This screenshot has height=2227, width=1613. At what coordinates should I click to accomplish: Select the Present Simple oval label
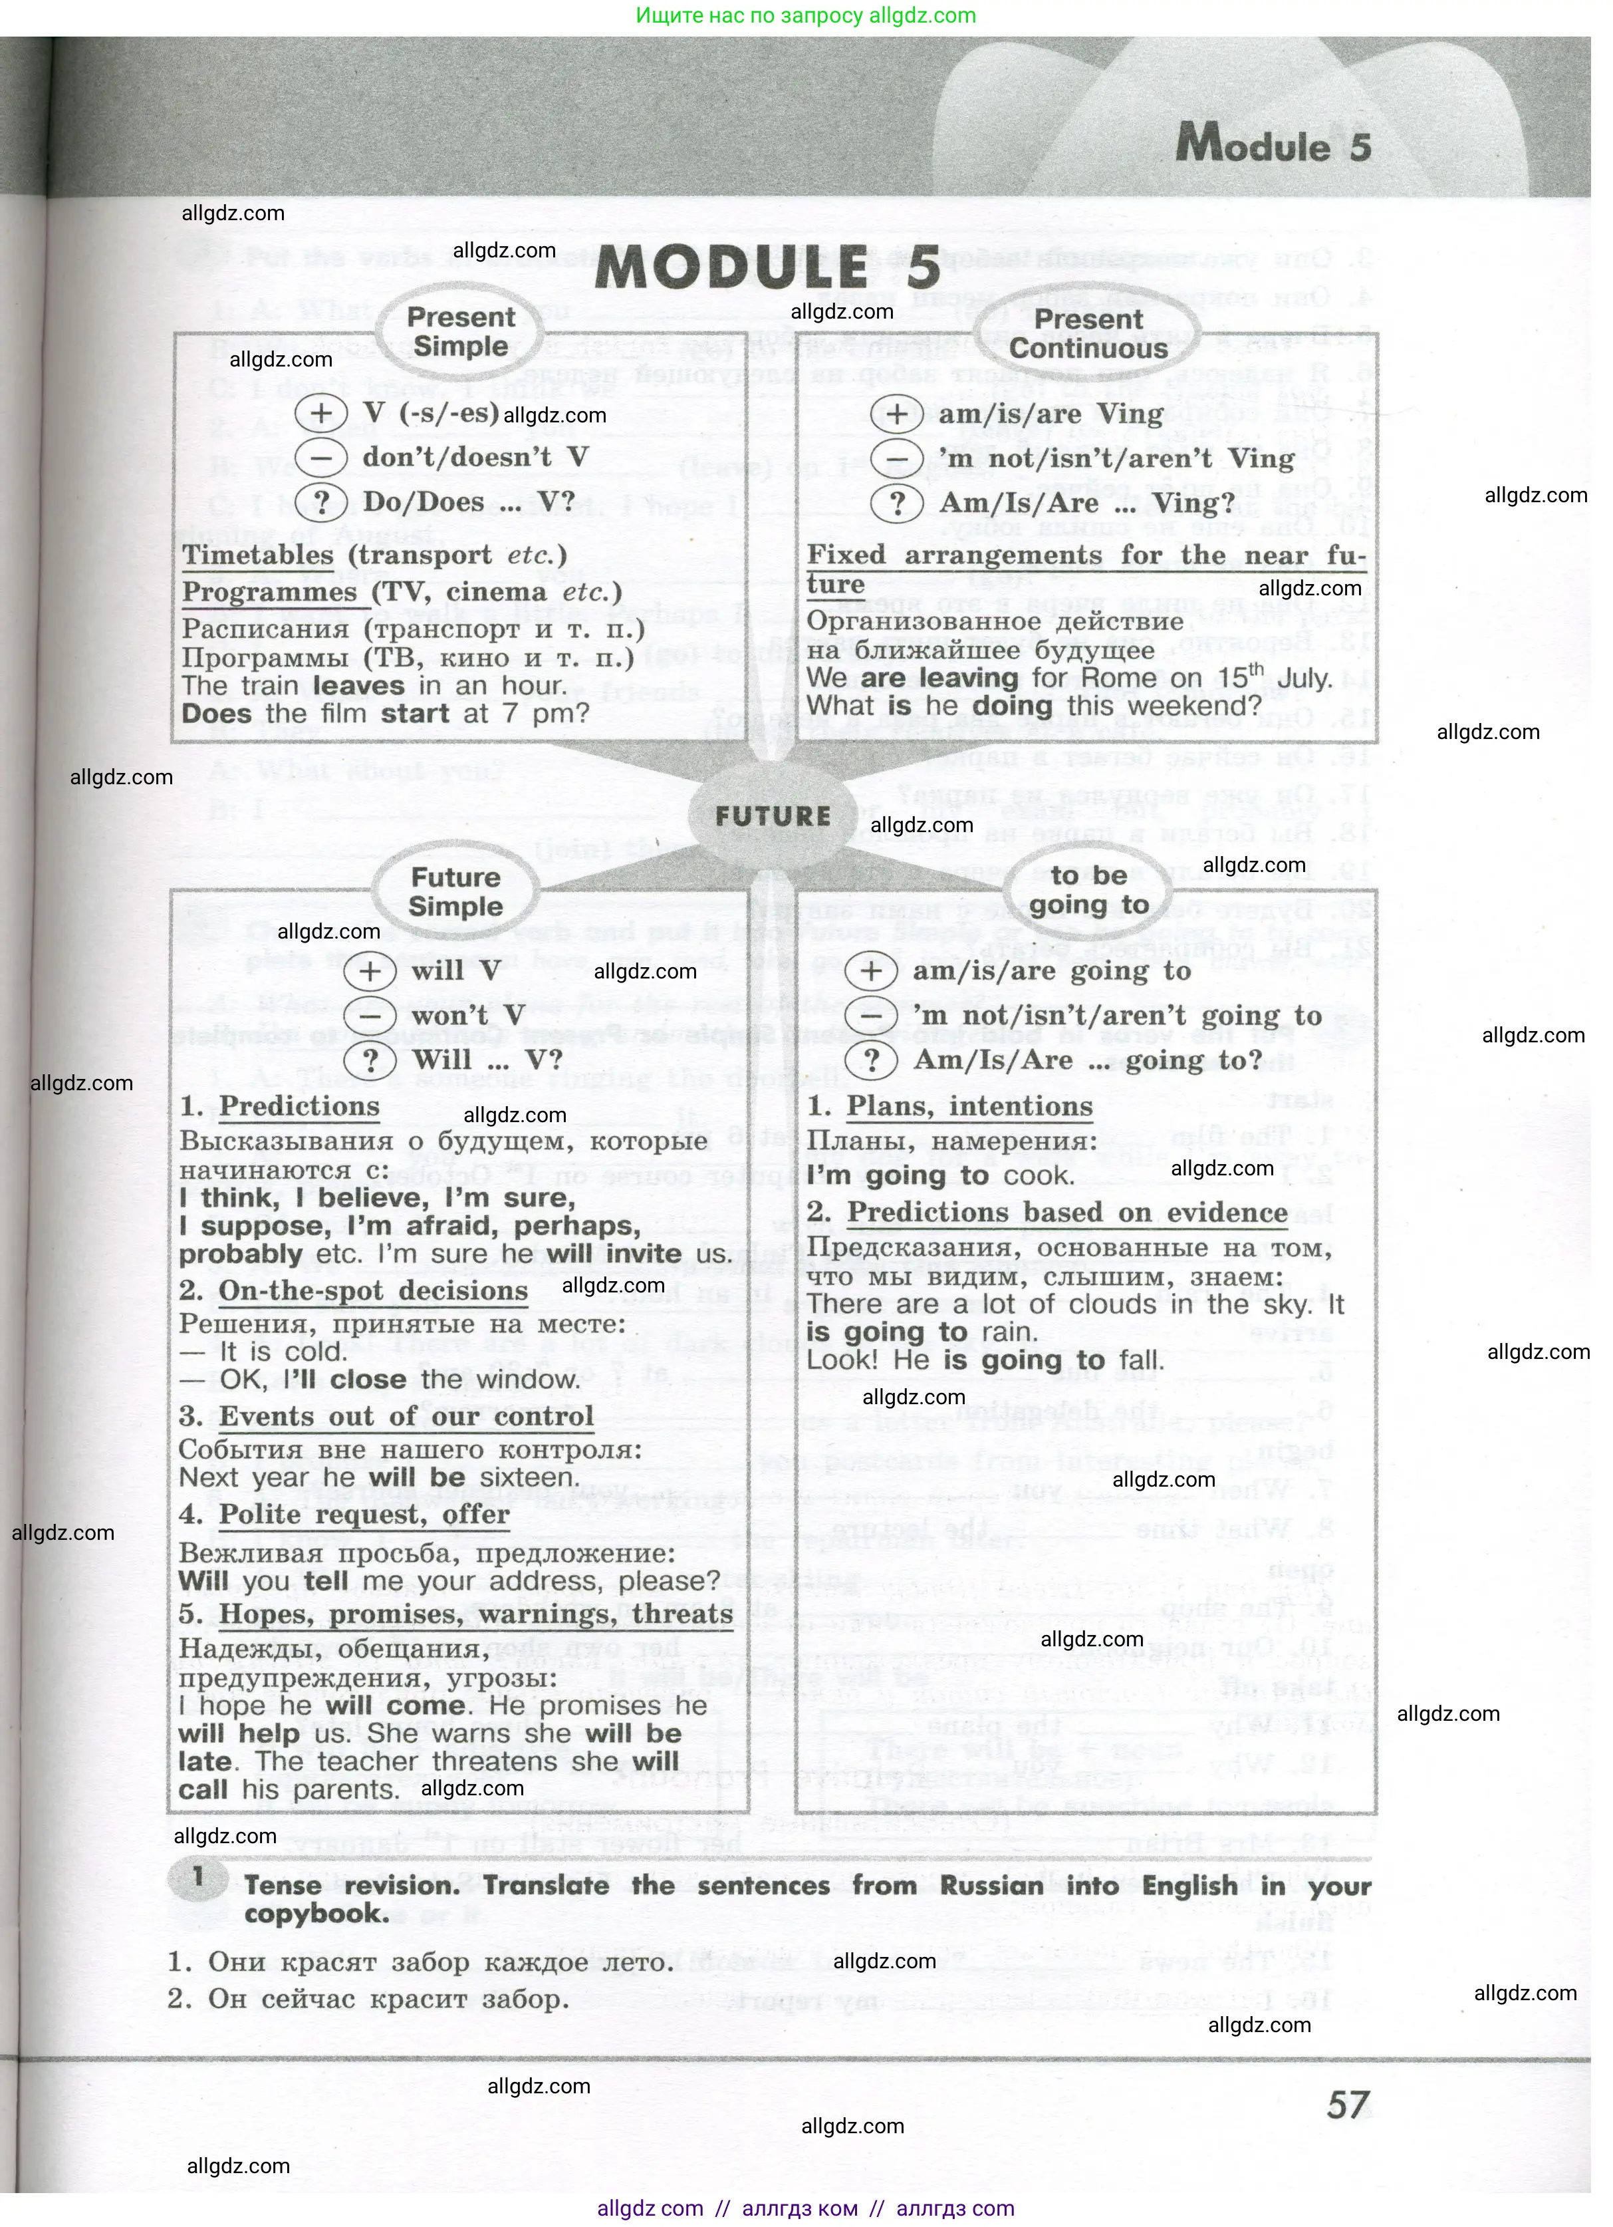tap(461, 332)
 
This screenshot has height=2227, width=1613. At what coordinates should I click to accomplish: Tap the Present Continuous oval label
tap(1089, 334)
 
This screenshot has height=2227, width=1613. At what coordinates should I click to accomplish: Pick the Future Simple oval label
tap(455, 891)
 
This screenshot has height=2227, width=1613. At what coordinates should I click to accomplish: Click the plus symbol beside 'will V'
tap(369, 972)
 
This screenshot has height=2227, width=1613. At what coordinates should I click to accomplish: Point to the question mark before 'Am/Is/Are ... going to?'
tap(871, 1060)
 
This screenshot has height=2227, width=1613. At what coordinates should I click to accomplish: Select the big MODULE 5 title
tap(767, 267)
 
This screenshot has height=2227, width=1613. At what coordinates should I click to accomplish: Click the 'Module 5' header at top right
tap(1273, 144)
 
